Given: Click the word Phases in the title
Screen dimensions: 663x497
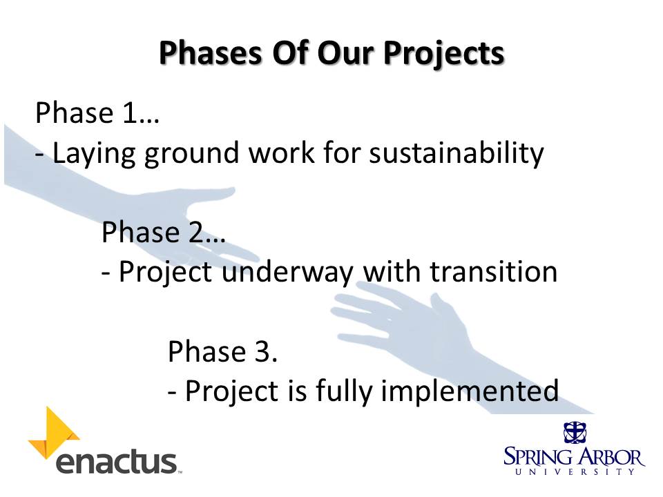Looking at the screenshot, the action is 211,53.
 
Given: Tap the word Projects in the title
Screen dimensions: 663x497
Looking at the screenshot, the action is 444,54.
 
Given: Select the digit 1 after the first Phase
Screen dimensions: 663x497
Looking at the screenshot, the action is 129,113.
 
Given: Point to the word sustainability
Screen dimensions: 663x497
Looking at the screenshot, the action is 457,153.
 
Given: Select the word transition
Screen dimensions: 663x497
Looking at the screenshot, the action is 493,271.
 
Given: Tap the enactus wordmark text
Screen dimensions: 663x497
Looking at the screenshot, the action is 117,462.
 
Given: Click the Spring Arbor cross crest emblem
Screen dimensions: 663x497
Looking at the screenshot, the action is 575,432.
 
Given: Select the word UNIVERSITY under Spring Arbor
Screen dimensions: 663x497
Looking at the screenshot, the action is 575,471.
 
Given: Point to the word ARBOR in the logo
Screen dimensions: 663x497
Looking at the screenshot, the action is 611,456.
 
